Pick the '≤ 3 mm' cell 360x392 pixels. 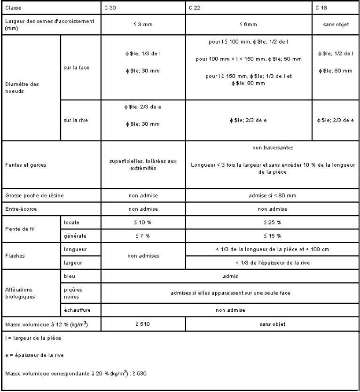[144, 24]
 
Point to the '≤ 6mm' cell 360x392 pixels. [249, 24]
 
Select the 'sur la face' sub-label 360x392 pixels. [75, 67]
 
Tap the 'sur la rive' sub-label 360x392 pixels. [74, 120]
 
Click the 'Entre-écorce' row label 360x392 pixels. [17, 208]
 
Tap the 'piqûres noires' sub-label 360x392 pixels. [74, 293]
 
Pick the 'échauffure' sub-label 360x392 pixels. [75, 309]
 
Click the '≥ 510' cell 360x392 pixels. [144, 324]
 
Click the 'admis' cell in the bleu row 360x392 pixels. [230, 277]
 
